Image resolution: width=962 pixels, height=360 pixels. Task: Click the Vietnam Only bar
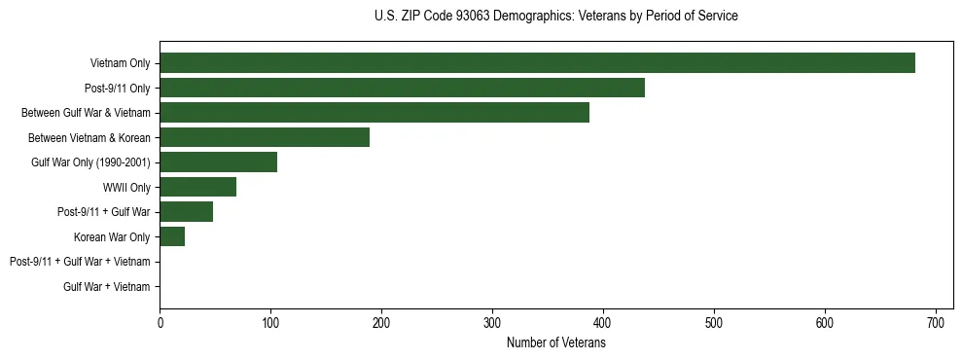(537, 63)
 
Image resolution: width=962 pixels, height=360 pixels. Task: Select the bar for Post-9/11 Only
(402, 89)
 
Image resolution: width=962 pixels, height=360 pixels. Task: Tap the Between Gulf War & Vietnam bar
(374, 113)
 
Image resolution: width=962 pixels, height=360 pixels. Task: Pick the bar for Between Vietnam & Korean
(265, 137)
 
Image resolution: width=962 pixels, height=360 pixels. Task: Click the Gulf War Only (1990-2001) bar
(219, 162)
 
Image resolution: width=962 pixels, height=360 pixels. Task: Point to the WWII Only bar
(198, 187)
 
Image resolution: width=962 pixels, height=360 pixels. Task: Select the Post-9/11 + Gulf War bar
(187, 212)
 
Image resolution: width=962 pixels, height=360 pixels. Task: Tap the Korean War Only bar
(172, 236)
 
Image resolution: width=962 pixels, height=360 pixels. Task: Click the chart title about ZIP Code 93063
(555, 17)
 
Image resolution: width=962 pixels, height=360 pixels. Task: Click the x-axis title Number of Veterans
(555, 343)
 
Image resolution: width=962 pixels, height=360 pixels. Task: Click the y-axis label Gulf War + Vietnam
(107, 286)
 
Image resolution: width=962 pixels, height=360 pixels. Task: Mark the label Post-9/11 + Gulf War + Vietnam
(80, 262)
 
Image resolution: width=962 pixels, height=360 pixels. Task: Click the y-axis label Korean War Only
(112, 236)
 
